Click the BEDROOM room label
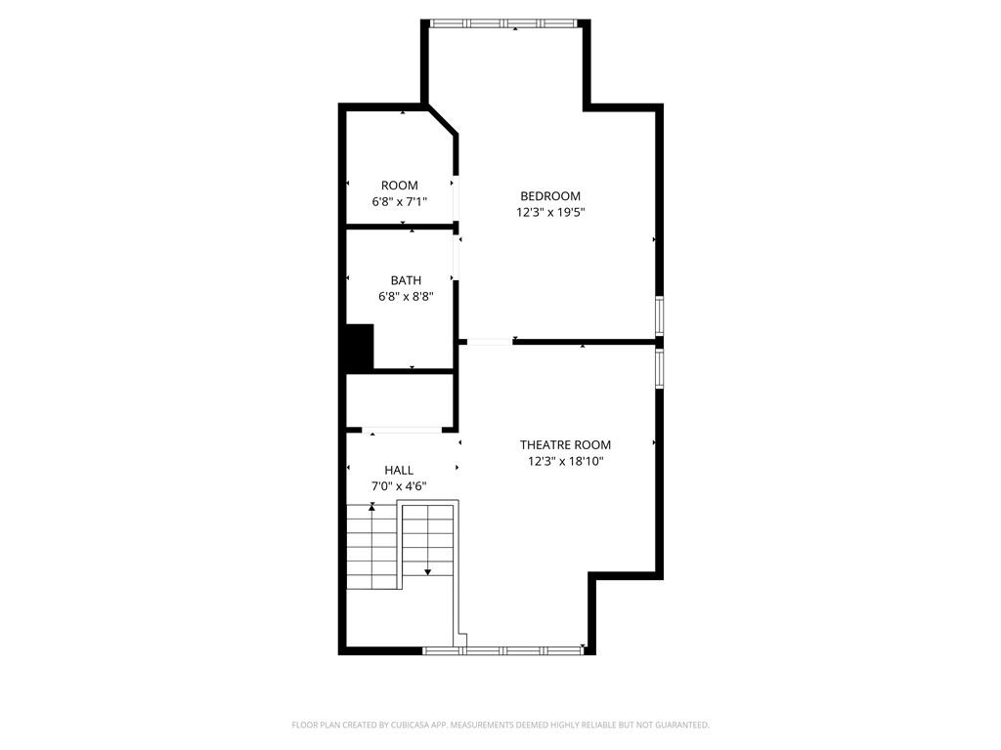click(x=550, y=196)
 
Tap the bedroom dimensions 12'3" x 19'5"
click(x=550, y=212)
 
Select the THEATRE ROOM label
click(x=565, y=444)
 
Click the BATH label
click(x=406, y=280)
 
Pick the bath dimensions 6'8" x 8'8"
click(x=406, y=296)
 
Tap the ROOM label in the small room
click(x=399, y=186)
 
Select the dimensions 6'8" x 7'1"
click(x=399, y=201)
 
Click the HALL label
click(x=399, y=470)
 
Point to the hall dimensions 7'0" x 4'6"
click(x=399, y=485)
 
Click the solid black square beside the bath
click(x=360, y=347)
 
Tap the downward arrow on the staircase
click(x=428, y=571)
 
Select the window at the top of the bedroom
click(x=504, y=22)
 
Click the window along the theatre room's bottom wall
click(x=503, y=649)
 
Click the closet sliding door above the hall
click(x=403, y=430)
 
